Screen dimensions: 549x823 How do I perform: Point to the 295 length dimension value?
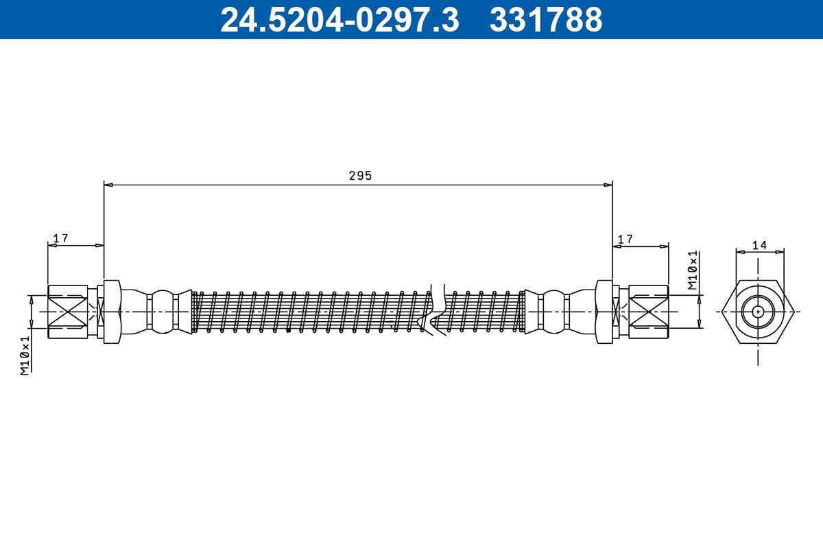[360, 176]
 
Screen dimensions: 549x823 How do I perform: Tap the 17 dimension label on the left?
[61, 237]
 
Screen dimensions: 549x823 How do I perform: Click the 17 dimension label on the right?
[625, 238]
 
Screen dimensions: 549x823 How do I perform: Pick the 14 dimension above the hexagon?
[759, 244]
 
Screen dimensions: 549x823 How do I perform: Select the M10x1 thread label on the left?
[25, 355]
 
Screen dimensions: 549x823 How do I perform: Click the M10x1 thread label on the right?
[693, 269]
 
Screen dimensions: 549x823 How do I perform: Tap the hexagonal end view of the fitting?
[758, 312]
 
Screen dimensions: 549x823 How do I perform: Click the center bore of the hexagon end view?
[758, 312]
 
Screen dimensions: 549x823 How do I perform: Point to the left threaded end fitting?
[67, 312]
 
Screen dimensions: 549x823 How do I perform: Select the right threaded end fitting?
[649, 312]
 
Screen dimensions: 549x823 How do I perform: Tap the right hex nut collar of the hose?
[604, 312]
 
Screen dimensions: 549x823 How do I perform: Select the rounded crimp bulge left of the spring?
[162, 312]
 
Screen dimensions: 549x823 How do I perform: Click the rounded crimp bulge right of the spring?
[553, 312]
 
